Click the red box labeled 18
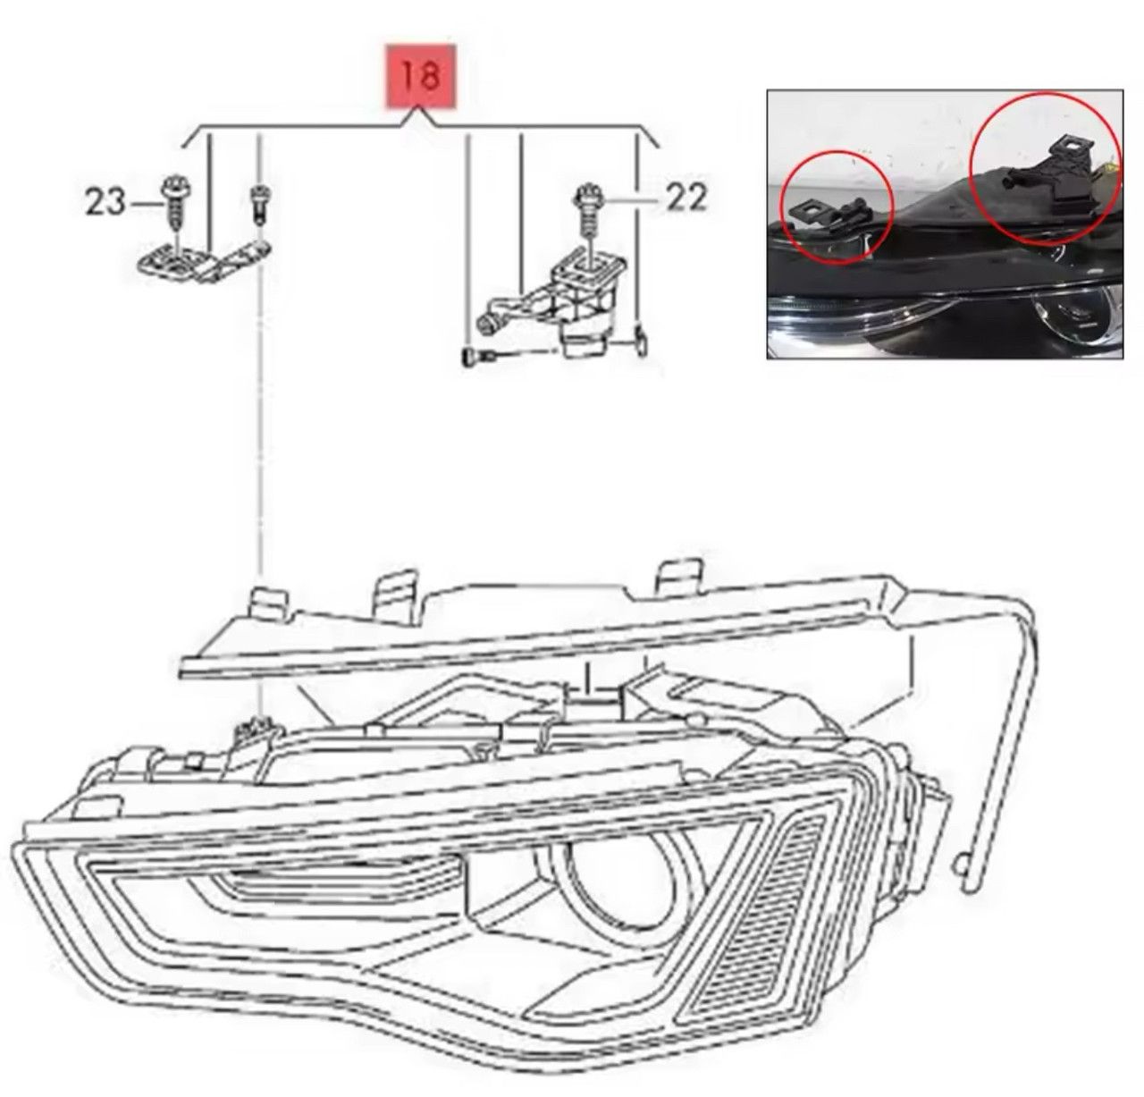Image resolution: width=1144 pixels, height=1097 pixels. [420, 76]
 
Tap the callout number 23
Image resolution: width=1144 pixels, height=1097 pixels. [105, 202]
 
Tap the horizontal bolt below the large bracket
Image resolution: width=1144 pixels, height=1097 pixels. [480, 356]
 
